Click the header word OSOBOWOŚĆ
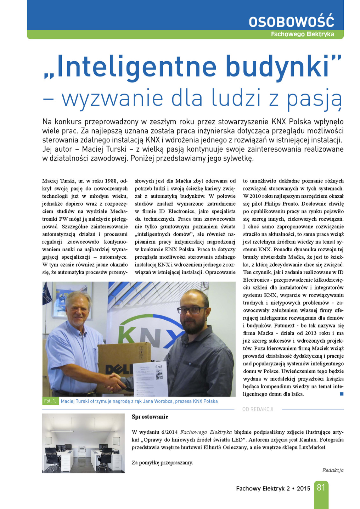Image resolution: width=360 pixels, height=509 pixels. (x=291, y=22)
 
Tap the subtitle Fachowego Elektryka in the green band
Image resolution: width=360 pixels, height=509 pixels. (x=302, y=34)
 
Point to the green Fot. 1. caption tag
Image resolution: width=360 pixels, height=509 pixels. (x=50, y=401)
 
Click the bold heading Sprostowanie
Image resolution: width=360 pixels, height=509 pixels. (x=150, y=417)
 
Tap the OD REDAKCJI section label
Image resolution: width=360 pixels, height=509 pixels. (x=258, y=409)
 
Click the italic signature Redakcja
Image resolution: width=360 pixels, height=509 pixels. (x=333, y=470)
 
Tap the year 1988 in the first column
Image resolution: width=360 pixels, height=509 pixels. (x=111, y=181)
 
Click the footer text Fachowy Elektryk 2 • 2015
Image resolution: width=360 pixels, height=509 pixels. (x=273, y=489)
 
